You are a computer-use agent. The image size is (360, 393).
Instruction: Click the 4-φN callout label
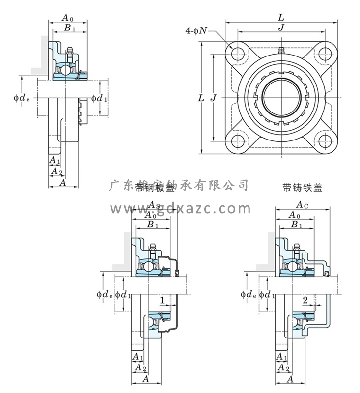pyautogui.click(x=198, y=30)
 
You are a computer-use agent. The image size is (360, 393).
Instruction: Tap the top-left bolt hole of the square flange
pyautogui.click(x=239, y=52)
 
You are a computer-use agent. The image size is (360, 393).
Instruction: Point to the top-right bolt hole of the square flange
pyautogui.click(x=324, y=52)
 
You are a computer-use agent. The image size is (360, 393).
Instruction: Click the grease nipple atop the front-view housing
pyautogui.click(x=281, y=50)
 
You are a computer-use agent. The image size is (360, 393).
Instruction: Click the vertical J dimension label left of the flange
pyautogui.click(x=213, y=98)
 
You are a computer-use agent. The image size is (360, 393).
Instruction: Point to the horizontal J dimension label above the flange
pyautogui.click(x=281, y=28)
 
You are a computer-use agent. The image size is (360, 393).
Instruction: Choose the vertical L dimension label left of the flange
pyautogui.click(x=201, y=98)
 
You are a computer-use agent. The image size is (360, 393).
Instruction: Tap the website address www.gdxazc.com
pyautogui.click(x=180, y=209)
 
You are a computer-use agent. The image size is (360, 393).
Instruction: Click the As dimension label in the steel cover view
pyautogui.click(x=153, y=204)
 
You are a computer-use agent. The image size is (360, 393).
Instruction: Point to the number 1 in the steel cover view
pyautogui.click(x=162, y=299)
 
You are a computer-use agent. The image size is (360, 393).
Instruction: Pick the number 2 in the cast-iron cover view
pyautogui.click(x=305, y=299)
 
